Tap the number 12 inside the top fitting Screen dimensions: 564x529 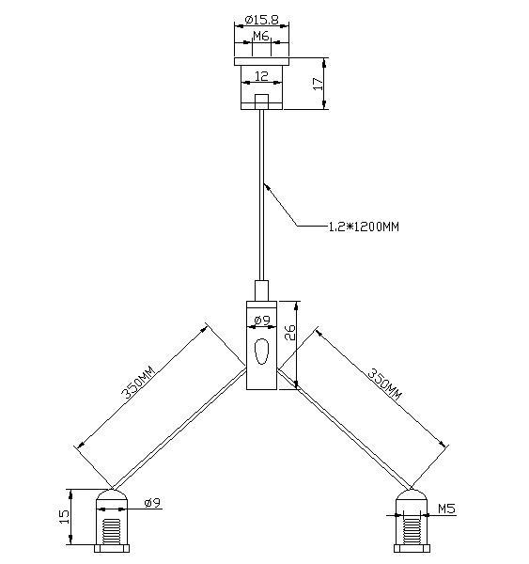pyautogui.click(x=262, y=74)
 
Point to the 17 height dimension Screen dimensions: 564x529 pyautogui.click(x=319, y=84)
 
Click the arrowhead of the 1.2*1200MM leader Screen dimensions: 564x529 pyautogui.click(x=268, y=186)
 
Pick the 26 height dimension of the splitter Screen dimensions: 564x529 pyautogui.click(x=290, y=333)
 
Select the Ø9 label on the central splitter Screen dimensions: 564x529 pyautogui.click(x=262, y=321)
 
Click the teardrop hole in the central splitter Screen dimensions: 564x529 pyautogui.click(x=262, y=353)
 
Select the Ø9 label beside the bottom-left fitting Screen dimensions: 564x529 pyautogui.click(x=153, y=503)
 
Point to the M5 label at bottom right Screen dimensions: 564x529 pyautogui.click(x=447, y=509)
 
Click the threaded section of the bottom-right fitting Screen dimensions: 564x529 pyautogui.click(x=410, y=531)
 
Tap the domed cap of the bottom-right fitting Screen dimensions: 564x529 pyautogui.click(x=410, y=497)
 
